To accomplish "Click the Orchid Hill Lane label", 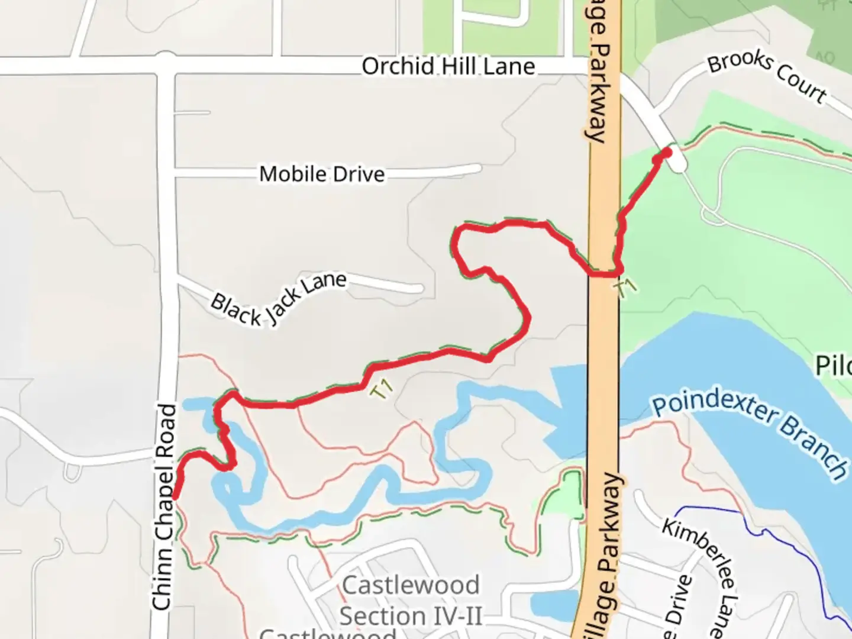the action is [x=448, y=66].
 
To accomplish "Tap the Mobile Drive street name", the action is [x=322, y=174].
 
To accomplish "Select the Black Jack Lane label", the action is [x=278, y=299].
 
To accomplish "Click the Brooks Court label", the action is [x=767, y=78].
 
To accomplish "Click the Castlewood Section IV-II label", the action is [x=411, y=601].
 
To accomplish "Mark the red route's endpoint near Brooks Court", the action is [x=666, y=153].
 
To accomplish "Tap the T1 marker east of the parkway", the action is [x=626, y=288].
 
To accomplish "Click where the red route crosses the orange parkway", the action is [x=603, y=273].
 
